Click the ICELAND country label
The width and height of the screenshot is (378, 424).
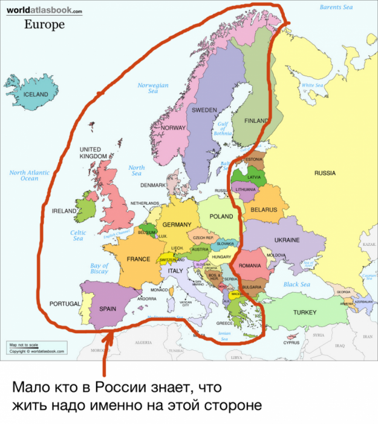coord(35,94)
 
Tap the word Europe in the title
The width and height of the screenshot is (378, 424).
coord(44,25)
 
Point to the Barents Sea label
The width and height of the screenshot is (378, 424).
coord(336,7)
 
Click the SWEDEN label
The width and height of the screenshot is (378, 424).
coord(204,110)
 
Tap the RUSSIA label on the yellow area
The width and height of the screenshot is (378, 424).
coord(325,173)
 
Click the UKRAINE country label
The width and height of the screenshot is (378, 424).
coord(287,240)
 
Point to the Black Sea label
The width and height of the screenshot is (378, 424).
coord(296,284)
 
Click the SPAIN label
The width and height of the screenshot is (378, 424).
coord(107,308)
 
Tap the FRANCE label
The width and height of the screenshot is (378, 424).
coord(138,259)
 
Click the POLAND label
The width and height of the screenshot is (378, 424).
coord(221,216)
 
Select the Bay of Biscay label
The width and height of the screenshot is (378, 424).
coord(99,268)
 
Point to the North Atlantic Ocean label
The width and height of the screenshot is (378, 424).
coord(29,176)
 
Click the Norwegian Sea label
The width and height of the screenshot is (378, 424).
coord(153,88)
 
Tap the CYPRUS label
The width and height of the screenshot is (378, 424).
coord(292,342)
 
